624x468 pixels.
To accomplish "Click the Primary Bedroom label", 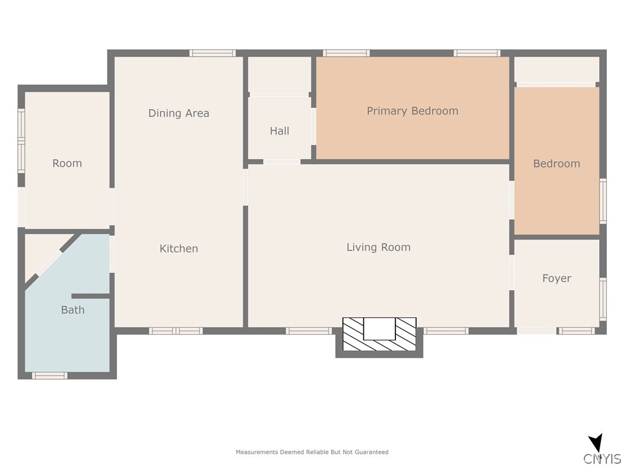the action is point(413,111).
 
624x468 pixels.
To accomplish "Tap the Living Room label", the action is point(378,247).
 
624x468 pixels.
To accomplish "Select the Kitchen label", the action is point(179,249).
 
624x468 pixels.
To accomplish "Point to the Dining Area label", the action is point(179,113).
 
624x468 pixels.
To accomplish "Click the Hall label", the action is point(279,131).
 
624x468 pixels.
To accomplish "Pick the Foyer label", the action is point(556,278).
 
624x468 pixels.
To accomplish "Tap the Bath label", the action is point(73,310).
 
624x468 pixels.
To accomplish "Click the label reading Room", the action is point(67,163).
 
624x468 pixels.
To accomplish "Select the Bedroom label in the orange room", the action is point(556,163).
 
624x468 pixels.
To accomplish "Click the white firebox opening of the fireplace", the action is point(380,329).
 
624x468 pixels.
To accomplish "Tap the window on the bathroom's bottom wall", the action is point(50,375).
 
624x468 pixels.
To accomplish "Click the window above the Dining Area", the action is point(213,53).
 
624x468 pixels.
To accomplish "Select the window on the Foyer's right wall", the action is point(603,299).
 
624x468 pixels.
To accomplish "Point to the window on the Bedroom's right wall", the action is point(603,201).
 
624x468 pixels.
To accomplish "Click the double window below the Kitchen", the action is point(176,331).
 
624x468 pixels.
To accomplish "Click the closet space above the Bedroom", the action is point(557,69).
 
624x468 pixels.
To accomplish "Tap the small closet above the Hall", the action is point(279,74).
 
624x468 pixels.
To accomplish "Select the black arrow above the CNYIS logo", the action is point(596,443).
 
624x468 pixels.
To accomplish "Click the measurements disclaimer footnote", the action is point(312,452).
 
